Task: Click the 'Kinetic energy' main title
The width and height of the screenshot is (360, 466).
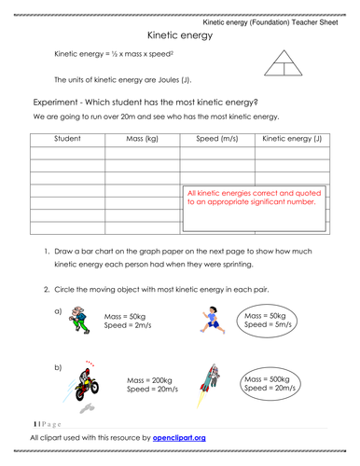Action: point(180,34)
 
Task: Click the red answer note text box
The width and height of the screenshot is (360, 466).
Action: point(254,206)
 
